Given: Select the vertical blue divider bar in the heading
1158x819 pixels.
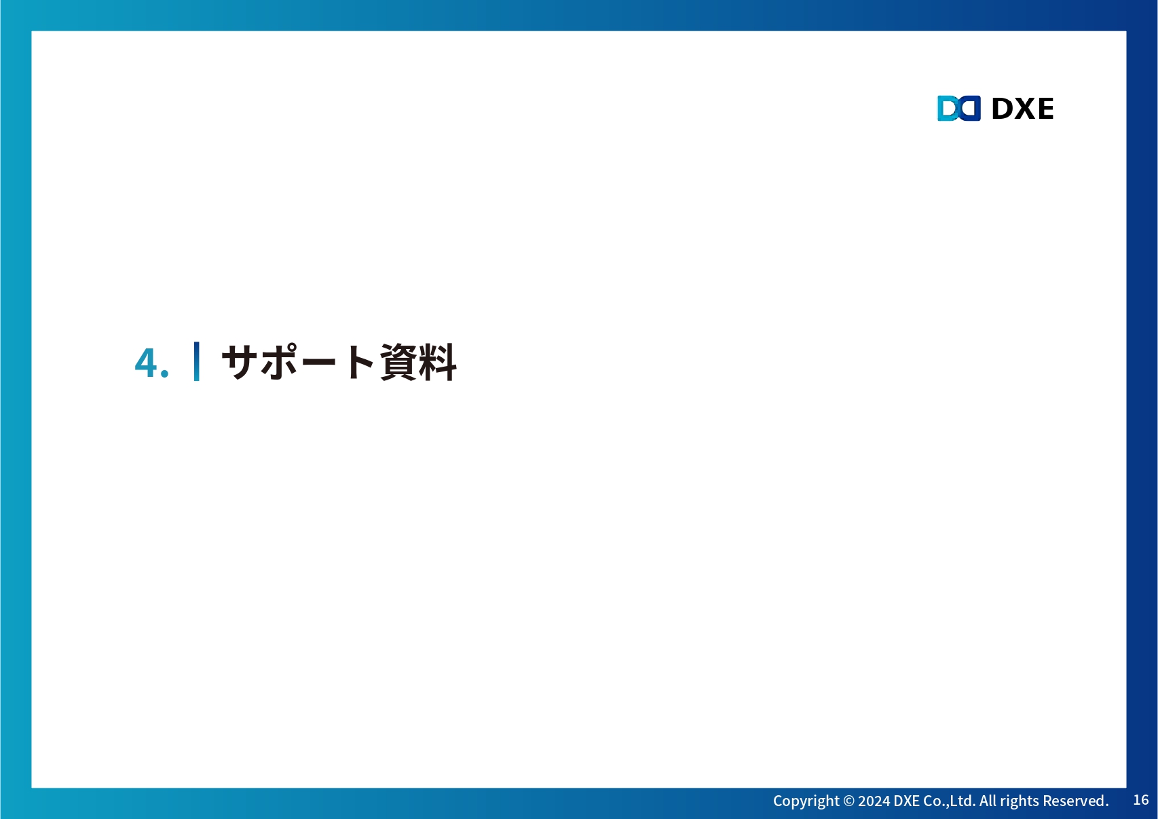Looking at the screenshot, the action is [196, 361].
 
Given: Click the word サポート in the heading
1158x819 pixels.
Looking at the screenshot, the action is [298, 362].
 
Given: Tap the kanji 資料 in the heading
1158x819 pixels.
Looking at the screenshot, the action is [418, 362].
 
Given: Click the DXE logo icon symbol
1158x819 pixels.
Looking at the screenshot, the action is [959, 108].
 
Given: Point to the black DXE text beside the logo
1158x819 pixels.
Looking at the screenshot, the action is [1022, 109].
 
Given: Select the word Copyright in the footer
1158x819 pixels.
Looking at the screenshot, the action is [806, 801].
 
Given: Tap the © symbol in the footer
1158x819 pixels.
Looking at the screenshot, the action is [849, 801].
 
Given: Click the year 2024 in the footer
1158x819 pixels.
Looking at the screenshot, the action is [874, 801].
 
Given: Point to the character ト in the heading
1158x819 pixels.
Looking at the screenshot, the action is [360, 362].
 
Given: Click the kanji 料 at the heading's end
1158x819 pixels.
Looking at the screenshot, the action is [438, 362].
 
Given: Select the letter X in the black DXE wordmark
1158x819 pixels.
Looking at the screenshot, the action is [1023, 109].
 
